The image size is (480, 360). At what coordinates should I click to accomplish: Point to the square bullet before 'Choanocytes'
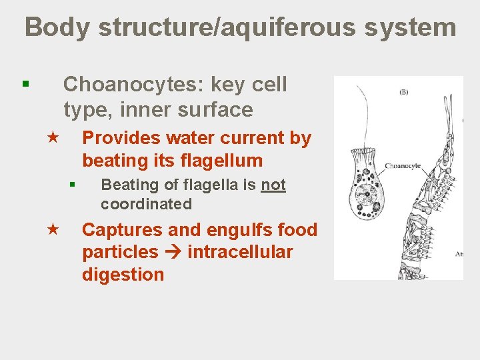tap(25, 84)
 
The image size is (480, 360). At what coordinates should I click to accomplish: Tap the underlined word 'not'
tap(273, 185)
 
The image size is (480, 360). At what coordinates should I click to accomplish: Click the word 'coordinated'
tap(146, 204)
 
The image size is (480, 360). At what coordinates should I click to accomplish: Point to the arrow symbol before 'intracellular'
tap(173, 253)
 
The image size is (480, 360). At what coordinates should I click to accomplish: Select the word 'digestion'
tap(123, 275)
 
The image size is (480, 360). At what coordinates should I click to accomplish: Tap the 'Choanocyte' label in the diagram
tap(402, 165)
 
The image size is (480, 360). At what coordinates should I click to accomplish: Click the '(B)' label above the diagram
tap(403, 92)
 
